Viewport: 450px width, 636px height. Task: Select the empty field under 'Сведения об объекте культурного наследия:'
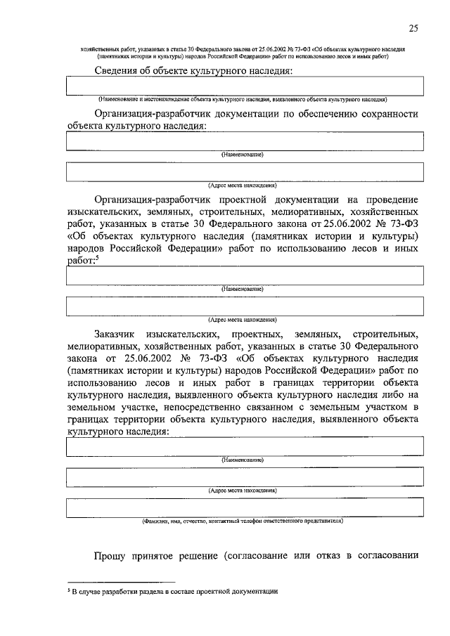245,86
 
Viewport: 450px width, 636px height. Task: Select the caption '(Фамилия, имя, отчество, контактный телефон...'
243,522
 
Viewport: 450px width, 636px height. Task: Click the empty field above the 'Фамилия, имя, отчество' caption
245,507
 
